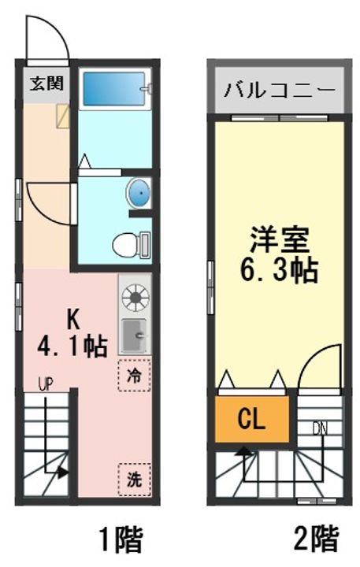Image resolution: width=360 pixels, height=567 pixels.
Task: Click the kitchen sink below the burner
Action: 134,337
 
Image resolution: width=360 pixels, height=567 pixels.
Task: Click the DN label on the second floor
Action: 319,428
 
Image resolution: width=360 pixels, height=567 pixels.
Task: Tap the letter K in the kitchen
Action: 72,320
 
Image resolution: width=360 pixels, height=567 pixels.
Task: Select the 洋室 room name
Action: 278,237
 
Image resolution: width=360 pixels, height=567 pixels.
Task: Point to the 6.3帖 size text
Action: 278,270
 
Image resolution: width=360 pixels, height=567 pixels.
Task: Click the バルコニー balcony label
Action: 279,87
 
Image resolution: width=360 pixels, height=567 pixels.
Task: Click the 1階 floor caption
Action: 120,540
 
